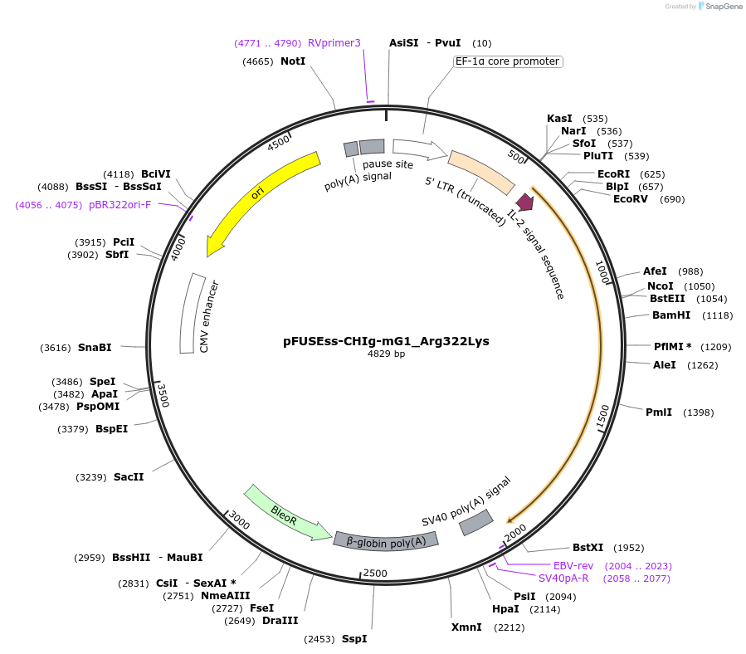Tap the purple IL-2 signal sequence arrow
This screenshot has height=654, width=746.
click(524, 202)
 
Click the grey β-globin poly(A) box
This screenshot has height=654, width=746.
click(386, 540)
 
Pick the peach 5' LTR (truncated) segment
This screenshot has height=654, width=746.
click(481, 172)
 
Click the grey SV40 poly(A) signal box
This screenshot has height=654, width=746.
click(475, 521)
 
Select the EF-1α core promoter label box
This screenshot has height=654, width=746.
click(508, 61)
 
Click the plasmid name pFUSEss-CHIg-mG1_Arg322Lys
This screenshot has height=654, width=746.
click(387, 341)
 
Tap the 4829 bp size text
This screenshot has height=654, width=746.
click(387, 354)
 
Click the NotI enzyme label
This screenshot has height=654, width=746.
click(293, 61)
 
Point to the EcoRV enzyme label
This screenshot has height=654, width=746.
click(631, 199)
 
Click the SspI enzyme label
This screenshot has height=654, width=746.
click(354, 639)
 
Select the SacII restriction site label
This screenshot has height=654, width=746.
click(129, 477)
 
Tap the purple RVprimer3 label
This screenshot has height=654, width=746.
click(334, 43)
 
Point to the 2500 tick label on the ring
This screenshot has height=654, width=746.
click(376, 573)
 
